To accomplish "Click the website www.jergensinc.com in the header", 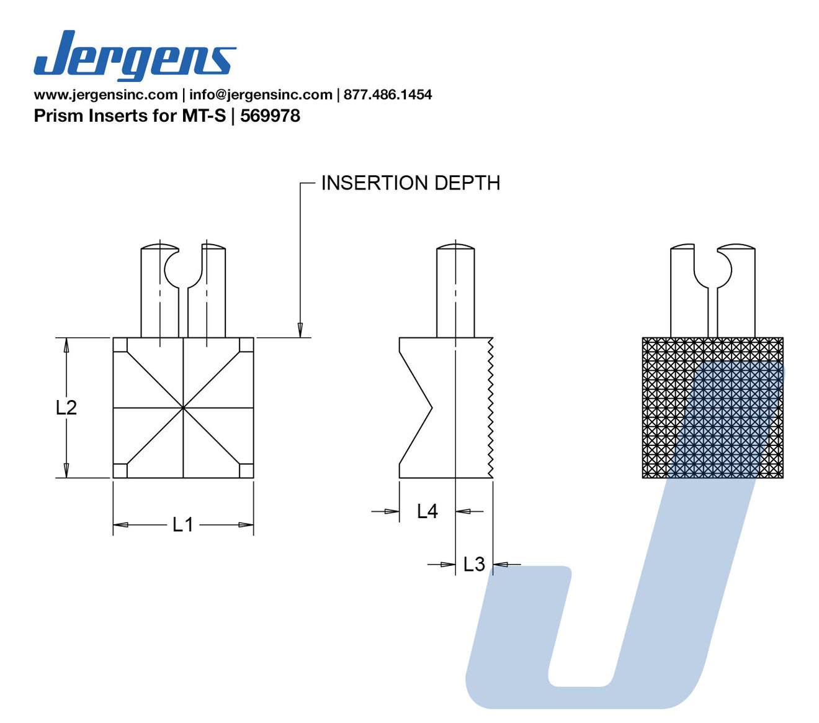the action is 106,95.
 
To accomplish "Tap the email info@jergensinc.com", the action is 261,95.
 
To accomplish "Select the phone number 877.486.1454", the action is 388,95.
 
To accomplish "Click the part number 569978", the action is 270,116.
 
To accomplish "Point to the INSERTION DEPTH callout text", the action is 411,183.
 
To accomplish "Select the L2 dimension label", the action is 66,407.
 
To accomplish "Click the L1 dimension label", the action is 182,525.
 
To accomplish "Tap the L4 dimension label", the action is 427,512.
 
